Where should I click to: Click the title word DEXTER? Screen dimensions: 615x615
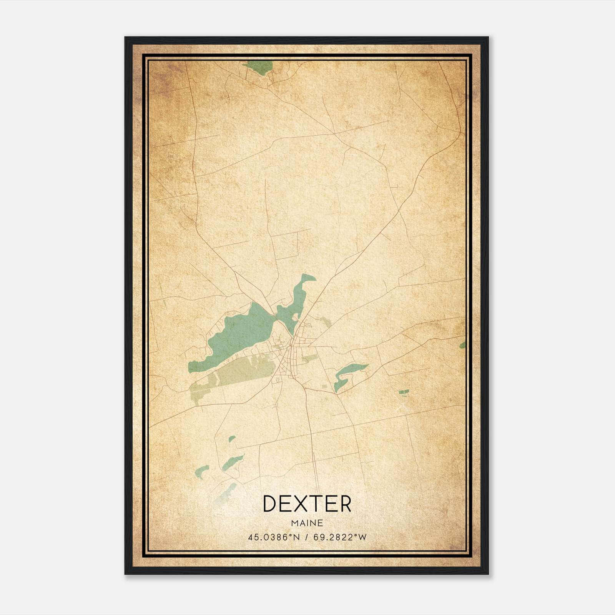click(307, 504)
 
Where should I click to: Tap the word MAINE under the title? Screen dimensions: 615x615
click(307, 523)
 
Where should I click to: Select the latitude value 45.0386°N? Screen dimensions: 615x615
click(273, 537)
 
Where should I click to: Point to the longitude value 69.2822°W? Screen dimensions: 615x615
click(340, 537)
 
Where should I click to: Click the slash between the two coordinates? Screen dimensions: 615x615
click(306, 537)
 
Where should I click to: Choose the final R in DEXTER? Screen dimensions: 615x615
click(345, 504)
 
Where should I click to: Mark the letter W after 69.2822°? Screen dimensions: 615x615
click(362, 537)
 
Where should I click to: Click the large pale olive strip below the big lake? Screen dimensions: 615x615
click(246, 371)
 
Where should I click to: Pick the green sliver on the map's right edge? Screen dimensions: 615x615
click(463, 344)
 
